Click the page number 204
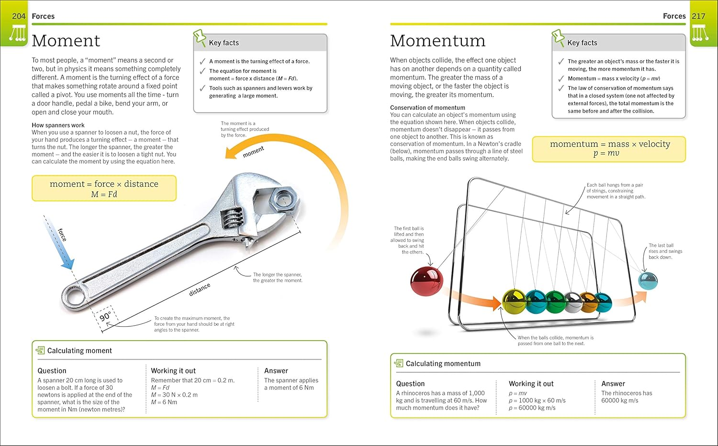click(19, 16)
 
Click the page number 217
click(698, 16)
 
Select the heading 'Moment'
click(66, 41)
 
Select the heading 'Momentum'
click(438, 41)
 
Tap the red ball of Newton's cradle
click(426, 282)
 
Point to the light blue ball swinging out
click(648, 281)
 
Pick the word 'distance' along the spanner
click(200, 289)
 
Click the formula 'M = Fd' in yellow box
click(104, 194)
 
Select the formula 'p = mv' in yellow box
click(606, 154)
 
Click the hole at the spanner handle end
click(76, 296)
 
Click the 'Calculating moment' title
click(79, 351)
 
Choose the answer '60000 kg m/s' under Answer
click(620, 400)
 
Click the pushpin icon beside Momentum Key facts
click(558, 38)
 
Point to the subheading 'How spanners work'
click(58, 125)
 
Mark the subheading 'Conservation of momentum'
click(427, 108)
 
